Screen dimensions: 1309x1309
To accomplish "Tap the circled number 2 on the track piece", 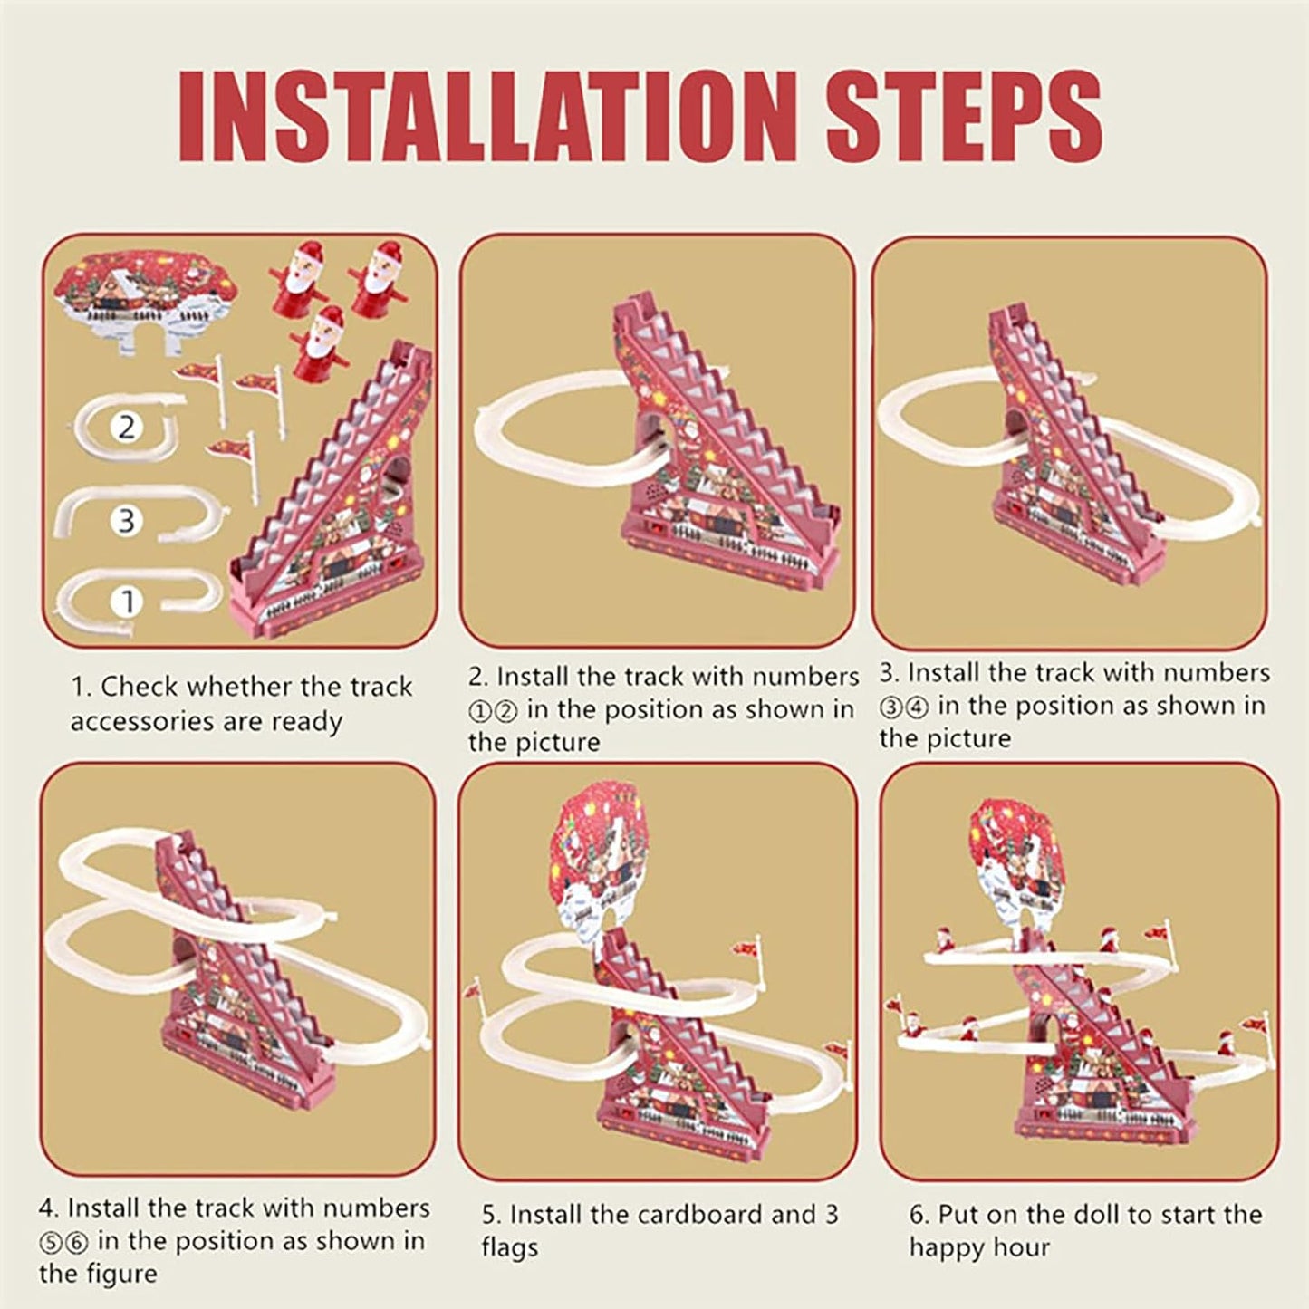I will [x=127, y=427].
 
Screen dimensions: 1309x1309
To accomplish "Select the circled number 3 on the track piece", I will [x=127, y=521].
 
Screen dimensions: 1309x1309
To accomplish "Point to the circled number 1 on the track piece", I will [x=127, y=602].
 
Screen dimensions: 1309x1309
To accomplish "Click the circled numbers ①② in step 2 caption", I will [x=493, y=711].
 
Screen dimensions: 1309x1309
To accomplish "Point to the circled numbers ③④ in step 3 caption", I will [x=904, y=707].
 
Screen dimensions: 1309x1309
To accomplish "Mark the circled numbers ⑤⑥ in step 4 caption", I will [x=63, y=1242].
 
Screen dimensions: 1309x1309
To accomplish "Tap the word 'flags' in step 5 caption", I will [x=509, y=1247].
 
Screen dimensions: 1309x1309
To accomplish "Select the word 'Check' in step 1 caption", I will [x=139, y=687].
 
